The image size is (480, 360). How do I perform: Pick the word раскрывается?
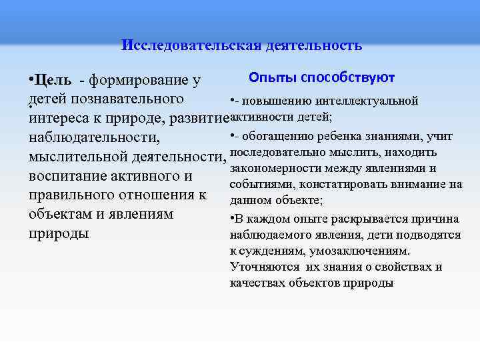(x=363, y=219)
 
